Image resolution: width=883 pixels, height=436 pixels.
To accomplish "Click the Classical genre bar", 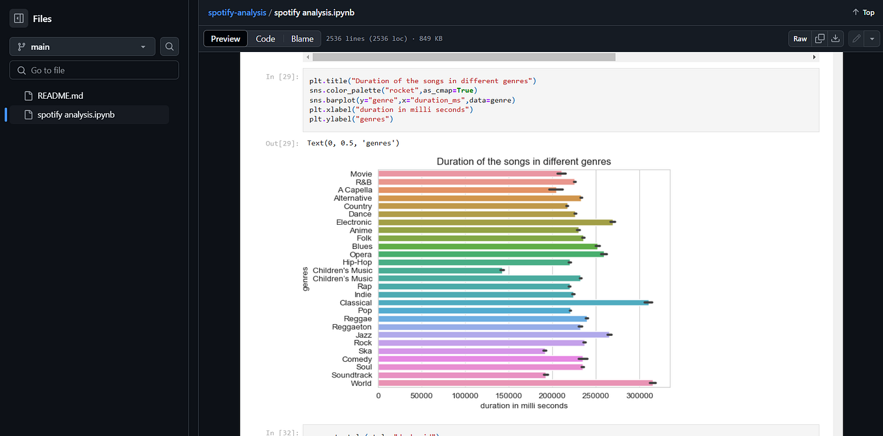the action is (x=514, y=303).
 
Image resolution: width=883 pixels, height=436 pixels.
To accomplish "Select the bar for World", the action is (x=515, y=383).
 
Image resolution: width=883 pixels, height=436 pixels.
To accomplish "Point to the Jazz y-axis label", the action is (x=363, y=335).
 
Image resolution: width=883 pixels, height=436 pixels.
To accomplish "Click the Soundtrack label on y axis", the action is (x=352, y=376).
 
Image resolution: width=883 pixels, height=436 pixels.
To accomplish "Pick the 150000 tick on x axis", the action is (x=508, y=395).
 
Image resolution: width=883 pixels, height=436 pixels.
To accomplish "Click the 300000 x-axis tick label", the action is (x=639, y=395).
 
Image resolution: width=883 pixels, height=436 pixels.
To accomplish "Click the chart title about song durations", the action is (x=523, y=161).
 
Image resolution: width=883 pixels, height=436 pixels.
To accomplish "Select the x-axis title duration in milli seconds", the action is (x=523, y=405).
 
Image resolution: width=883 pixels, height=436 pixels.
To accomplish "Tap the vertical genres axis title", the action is (x=305, y=279).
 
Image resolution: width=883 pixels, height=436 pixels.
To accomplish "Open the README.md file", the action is (x=60, y=96).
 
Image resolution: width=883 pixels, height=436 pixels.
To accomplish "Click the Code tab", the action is (x=265, y=39).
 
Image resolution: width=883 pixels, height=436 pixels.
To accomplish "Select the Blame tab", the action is (x=302, y=39).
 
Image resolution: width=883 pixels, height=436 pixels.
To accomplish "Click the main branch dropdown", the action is (x=82, y=47).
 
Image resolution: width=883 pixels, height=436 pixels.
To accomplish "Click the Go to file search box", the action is (x=94, y=70).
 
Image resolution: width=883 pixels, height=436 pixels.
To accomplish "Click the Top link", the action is (x=863, y=12).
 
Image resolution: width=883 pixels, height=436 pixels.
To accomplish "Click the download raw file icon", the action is (x=836, y=39).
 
